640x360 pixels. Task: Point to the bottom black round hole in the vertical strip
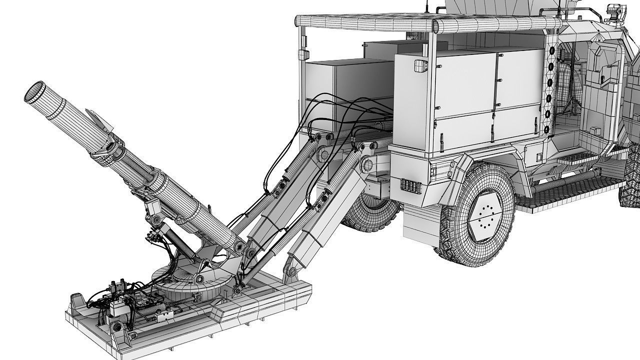point(546,129)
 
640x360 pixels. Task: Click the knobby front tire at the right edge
point(631,180)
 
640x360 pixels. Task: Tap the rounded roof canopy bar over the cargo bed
point(425,22)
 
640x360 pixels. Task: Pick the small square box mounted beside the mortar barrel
point(152,206)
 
